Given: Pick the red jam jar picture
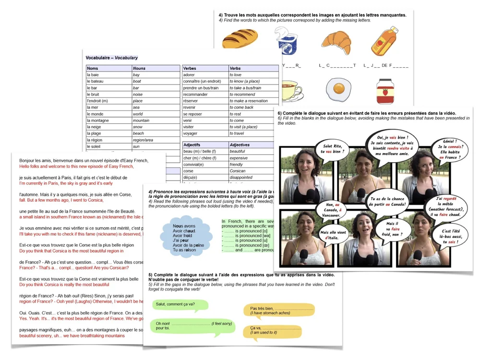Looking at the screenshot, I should [x=383, y=91].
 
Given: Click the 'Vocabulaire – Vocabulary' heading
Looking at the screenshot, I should [x=112, y=58].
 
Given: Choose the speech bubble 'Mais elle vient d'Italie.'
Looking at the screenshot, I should [x=333, y=234].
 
